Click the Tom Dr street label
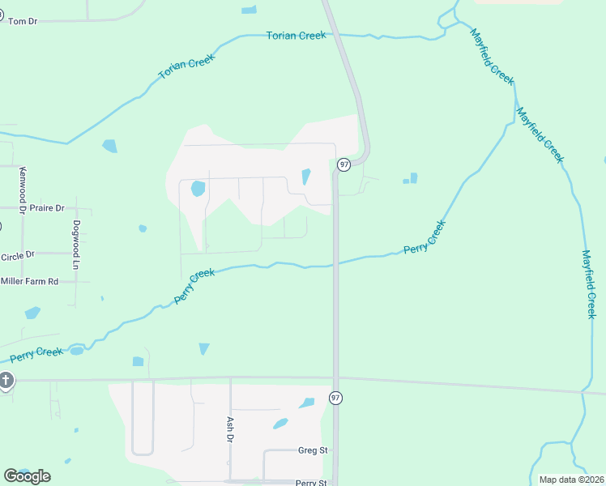click(23, 20)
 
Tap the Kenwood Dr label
click(23, 187)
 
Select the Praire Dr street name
click(46, 208)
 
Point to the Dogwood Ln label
click(77, 245)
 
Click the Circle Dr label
click(18, 255)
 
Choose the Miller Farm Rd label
click(30, 281)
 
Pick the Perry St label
click(310, 483)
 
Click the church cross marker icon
click(6, 380)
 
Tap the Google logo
click(27, 475)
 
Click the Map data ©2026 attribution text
click(571, 480)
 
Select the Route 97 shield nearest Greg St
click(335, 398)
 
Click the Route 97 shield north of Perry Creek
click(344, 164)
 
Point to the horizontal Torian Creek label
click(296, 36)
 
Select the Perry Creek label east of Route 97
click(425, 238)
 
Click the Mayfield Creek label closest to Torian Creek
click(492, 56)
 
